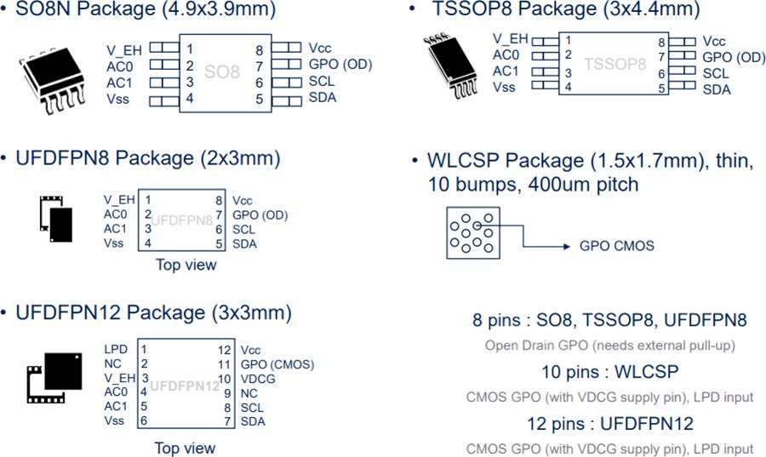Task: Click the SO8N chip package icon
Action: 52,81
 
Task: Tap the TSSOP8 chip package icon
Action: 450,66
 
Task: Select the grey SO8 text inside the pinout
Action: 222,72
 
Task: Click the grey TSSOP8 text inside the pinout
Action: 615,64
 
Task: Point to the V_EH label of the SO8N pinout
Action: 124,50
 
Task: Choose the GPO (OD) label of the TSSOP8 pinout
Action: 734,57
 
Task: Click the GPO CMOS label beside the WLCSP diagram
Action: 616,246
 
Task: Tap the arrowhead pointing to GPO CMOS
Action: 567,246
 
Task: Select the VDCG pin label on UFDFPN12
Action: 258,379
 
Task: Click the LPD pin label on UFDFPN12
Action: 116,350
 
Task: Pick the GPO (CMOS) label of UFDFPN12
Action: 277,364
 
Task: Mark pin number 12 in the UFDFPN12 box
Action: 224,350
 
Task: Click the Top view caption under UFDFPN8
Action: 186,265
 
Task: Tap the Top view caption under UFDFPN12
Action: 186,448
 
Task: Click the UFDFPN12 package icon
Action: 54,377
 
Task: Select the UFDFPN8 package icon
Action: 56,220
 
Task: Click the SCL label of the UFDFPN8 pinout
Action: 243,230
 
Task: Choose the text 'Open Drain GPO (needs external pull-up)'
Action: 610,346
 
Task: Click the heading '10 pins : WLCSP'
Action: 610,372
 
